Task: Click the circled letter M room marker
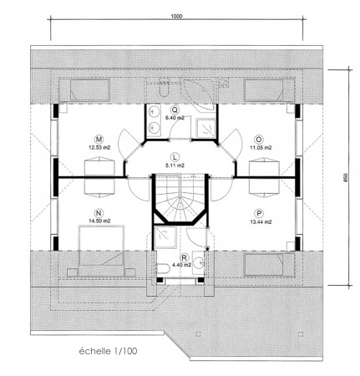click(x=99, y=139)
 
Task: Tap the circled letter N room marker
click(x=99, y=213)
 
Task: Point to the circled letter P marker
click(x=259, y=213)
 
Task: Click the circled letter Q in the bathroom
click(x=175, y=109)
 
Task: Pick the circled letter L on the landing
click(x=175, y=157)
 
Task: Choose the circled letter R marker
click(x=184, y=257)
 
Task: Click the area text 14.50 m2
click(x=99, y=221)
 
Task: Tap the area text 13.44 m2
click(x=261, y=222)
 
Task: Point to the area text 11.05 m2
click(x=261, y=148)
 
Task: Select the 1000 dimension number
click(x=176, y=16)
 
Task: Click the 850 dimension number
click(x=346, y=178)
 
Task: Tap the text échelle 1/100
click(x=108, y=351)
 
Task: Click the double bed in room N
click(x=101, y=251)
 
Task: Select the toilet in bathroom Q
click(x=164, y=86)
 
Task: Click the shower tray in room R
click(x=165, y=237)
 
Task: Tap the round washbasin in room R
click(x=199, y=262)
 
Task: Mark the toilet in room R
click(x=163, y=269)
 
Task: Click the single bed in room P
click(x=269, y=264)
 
